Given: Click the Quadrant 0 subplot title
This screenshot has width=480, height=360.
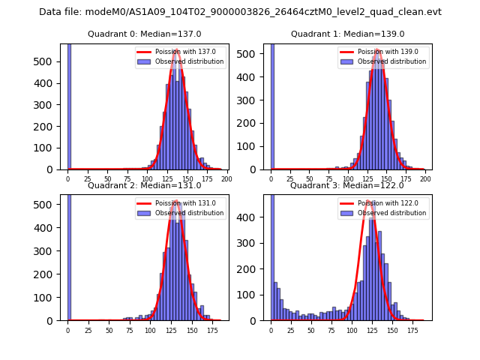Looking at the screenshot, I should click(144, 34).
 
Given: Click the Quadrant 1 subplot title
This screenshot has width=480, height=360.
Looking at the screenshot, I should click(347, 34).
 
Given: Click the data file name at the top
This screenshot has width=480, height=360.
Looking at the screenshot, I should click(240, 12).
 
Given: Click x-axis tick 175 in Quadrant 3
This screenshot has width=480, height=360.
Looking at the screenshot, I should click(412, 330).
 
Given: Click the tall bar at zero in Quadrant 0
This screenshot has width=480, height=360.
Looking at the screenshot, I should click(68, 105).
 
